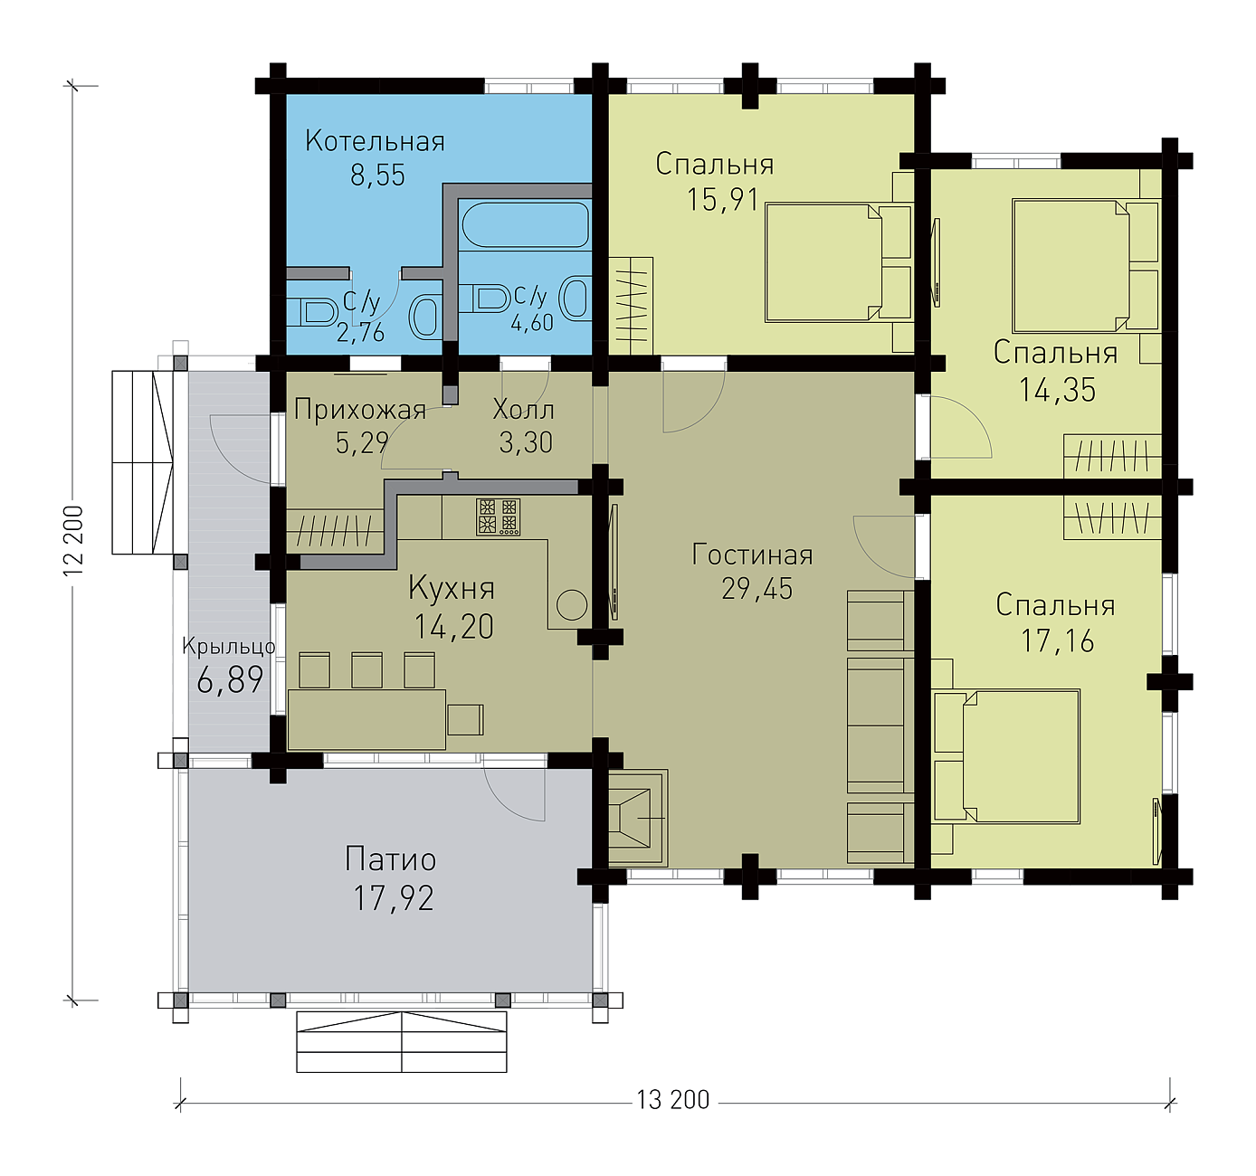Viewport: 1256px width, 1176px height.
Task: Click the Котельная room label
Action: (375, 142)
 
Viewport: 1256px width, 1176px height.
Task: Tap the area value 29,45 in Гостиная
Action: (757, 589)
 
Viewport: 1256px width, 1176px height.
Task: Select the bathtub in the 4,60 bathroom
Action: (526, 223)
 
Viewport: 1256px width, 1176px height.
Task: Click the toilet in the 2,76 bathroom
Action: (311, 312)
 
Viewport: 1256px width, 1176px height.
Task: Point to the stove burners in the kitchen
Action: (499, 517)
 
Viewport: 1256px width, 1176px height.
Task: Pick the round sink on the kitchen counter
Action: (572, 605)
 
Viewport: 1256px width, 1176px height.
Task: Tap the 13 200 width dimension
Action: (673, 1100)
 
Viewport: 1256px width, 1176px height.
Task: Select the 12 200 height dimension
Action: (73, 539)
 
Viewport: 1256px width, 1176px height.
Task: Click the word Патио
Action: (391, 860)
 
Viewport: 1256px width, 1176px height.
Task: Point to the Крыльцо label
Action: (229, 646)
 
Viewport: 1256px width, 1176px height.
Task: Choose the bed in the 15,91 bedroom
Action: (839, 262)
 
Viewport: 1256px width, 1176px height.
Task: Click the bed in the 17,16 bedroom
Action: (1007, 756)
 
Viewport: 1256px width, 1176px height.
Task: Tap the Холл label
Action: (524, 411)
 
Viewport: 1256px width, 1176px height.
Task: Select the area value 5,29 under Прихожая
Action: (362, 443)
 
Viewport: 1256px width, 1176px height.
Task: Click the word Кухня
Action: (452, 588)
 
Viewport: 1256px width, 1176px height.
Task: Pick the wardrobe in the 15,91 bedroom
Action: (631, 306)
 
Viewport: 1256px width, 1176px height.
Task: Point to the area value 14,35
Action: (1057, 390)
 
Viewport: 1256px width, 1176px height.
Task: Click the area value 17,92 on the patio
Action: (394, 898)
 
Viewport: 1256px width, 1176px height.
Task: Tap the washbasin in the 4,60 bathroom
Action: (576, 297)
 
